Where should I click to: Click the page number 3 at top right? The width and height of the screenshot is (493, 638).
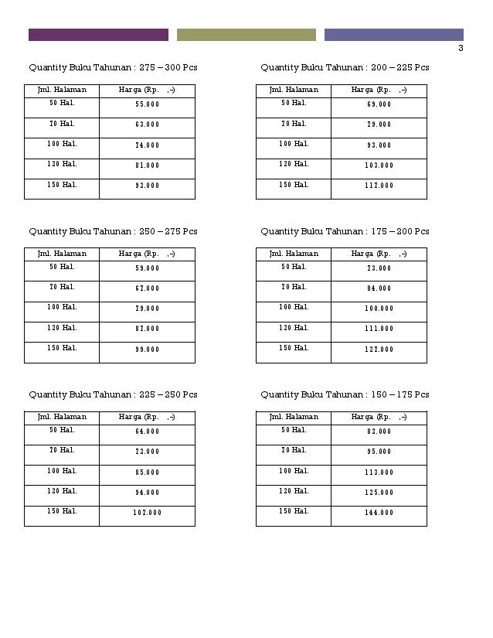(x=461, y=48)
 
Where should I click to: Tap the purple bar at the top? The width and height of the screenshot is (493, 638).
(x=98, y=35)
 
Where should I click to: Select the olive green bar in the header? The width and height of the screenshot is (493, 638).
(x=246, y=35)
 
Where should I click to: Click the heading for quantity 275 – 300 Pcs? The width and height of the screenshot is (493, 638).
(x=113, y=68)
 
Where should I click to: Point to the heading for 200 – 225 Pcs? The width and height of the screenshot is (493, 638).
(x=345, y=68)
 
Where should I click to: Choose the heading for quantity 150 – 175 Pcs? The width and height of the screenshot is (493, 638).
(x=345, y=394)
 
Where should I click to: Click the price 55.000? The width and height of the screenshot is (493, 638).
(x=147, y=104)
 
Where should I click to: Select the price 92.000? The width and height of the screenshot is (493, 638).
(x=147, y=186)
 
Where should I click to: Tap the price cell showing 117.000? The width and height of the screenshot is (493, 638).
(x=379, y=186)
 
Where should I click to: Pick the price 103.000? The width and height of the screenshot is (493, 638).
(x=379, y=165)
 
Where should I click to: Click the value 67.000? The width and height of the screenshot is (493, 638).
(x=147, y=288)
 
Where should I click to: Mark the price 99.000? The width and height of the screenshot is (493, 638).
(x=147, y=350)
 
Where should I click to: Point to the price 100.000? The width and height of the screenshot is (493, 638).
(x=379, y=309)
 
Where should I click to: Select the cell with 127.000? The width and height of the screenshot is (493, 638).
(x=379, y=350)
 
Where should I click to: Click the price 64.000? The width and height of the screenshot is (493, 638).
(x=147, y=432)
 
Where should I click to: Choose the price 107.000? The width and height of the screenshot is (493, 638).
(x=147, y=513)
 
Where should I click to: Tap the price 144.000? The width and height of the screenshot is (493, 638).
(x=379, y=513)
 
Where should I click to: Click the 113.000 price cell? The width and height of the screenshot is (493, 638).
(x=379, y=473)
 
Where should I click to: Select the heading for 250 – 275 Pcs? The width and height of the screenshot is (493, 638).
(x=113, y=231)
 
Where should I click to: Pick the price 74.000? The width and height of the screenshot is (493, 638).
(x=147, y=145)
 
